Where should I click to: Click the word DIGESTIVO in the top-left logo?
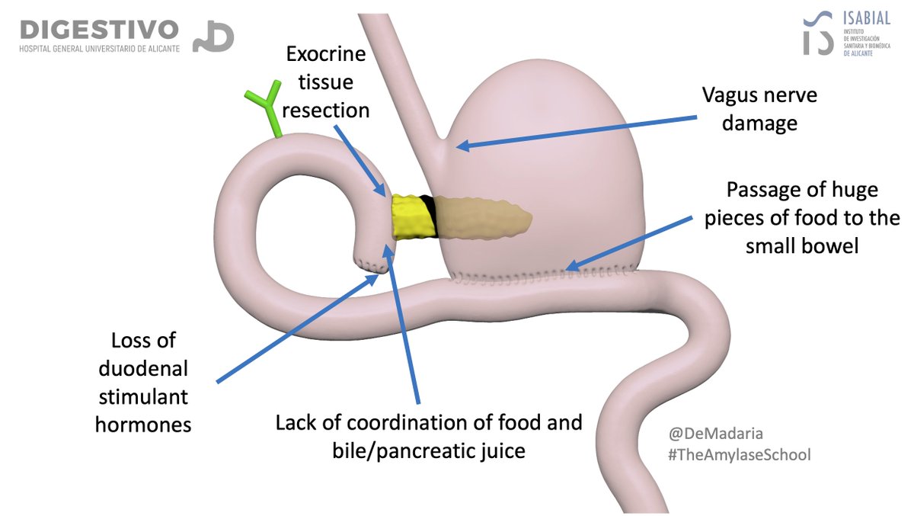99,30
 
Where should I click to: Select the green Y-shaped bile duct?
264,113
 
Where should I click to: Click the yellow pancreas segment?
412,214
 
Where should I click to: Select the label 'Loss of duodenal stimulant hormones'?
142,382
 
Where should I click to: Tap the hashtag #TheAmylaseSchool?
739,454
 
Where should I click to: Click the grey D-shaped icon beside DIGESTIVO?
213,36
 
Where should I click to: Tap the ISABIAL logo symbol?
818,34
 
